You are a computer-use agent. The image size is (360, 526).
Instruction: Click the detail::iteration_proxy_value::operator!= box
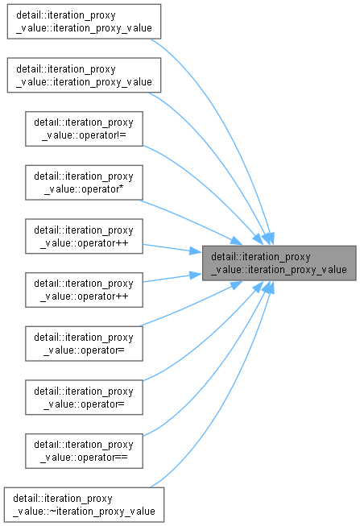pyautogui.click(x=84, y=129)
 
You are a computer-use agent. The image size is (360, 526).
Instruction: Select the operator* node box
pyautogui.click(x=84, y=183)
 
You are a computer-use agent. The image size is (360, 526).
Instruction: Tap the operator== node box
pyautogui.click(x=84, y=451)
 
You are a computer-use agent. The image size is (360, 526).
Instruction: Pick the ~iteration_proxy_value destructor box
pyautogui.click(x=84, y=504)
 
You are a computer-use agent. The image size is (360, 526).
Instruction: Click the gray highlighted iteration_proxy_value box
pyautogui.click(x=279, y=263)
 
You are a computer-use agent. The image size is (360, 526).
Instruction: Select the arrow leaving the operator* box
pyautogui.click(x=191, y=222)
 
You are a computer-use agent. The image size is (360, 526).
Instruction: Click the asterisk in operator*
pyautogui.click(x=121, y=188)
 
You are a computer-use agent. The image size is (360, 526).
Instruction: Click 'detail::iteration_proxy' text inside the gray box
pyautogui.click(x=261, y=257)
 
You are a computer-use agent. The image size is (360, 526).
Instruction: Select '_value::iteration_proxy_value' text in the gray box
pyautogui.click(x=279, y=270)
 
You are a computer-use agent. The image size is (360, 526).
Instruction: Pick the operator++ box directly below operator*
pyautogui.click(x=84, y=236)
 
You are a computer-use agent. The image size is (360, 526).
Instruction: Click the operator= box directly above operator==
pyautogui.click(x=84, y=397)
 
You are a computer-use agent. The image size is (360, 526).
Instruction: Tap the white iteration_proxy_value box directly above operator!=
pyautogui.click(x=84, y=75)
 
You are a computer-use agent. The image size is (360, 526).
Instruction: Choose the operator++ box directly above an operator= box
pyautogui.click(x=84, y=290)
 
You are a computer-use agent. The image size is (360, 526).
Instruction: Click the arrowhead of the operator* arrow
pyautogui.click(x=237, y=241)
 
